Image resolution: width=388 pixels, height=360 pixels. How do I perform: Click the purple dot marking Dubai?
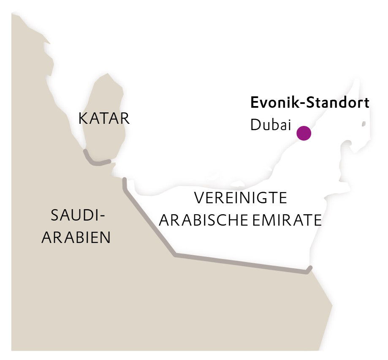point(304,133)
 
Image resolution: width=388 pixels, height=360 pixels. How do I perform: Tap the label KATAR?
point(104,119)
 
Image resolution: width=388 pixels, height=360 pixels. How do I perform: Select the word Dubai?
point(271,125)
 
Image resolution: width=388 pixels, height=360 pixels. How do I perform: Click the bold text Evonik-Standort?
point(310,103)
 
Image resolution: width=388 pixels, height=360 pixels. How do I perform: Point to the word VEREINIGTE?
point(240,198)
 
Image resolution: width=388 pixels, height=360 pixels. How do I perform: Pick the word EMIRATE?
point(288,220)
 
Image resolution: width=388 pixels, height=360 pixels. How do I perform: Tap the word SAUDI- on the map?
point(77,216)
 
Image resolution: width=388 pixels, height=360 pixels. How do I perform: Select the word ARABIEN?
point(76,237)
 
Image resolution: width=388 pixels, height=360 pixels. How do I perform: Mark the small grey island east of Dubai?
point(363,124)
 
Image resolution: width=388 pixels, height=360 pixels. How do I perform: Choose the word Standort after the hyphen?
point(336,103)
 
